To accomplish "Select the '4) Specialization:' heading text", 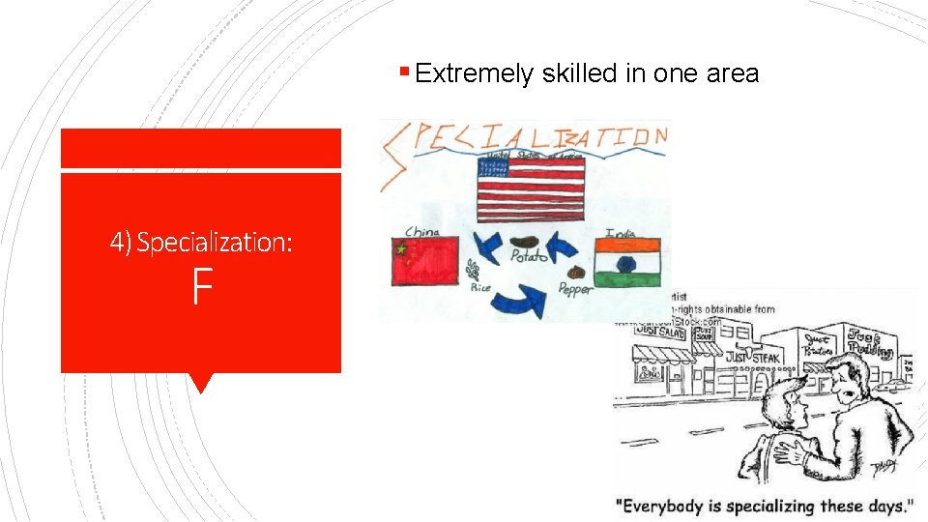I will coord(201,242).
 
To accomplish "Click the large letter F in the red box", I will coord(200,287).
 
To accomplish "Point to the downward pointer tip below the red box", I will coord(200,391).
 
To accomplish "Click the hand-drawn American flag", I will coord(530,189).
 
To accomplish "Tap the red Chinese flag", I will coord(424,261).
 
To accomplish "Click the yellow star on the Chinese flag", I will coord(398,249).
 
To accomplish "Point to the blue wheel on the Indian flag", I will coord(623,263).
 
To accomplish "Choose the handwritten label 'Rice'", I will coord(480,287).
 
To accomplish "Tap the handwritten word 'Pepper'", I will coord(577,288).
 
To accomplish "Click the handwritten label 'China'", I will coord(422,231).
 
